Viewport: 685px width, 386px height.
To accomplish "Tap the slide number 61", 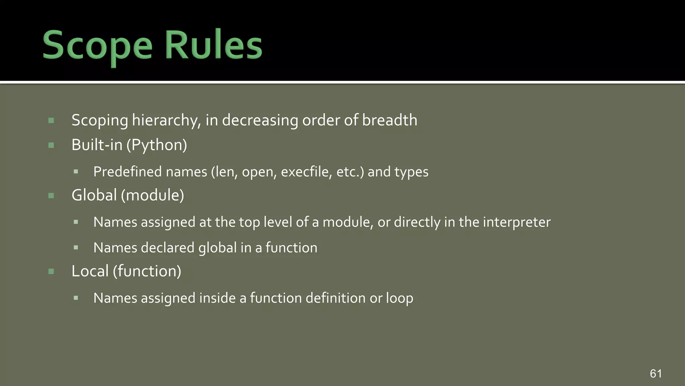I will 656,373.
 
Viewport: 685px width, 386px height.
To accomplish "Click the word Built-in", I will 97,145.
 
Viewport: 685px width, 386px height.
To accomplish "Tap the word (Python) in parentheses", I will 157,145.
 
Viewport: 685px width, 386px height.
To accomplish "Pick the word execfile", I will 306,172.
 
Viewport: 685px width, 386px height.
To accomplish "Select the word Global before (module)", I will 94,195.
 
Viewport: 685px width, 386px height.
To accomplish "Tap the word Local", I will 90,271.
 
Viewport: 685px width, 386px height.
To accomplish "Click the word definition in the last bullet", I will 335,298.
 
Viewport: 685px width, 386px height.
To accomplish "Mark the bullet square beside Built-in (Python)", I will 51,145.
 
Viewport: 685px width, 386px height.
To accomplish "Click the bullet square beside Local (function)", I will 51,271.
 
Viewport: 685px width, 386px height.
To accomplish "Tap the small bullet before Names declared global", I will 76,248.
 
